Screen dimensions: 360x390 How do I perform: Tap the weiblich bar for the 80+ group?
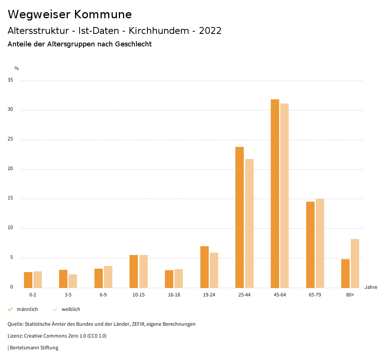355,263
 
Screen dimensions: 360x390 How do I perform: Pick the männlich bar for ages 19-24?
205,267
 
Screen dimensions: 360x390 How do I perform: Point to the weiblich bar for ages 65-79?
320,243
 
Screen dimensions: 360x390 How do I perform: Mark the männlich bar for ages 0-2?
28,280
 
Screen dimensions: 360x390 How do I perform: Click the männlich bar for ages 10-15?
134,271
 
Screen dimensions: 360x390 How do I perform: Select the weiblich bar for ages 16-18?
179,278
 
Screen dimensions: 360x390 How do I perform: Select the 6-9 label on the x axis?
103,295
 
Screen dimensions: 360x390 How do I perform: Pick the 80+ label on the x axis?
350,295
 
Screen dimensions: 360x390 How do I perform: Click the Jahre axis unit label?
371,287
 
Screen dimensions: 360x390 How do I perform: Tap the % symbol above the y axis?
17,68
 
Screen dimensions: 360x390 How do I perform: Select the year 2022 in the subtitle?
210,31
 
